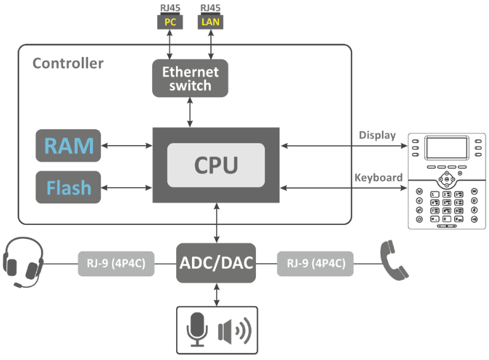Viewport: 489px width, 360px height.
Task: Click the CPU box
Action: pos(216,165)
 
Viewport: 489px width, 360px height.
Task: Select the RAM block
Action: pos(68,145)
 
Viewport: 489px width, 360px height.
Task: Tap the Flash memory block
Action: pos(68,187)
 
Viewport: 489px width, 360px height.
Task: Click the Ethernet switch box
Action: pos(190,78)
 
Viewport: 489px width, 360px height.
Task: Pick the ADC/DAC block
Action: pos(215,262)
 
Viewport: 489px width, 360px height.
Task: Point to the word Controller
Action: pos(68,63)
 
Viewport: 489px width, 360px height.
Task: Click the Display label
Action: pos(377,135)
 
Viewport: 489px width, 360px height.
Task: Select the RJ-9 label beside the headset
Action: pos(117,263)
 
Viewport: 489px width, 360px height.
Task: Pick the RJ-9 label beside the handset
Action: pos(315,263)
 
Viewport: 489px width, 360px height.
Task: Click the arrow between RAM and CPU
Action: pos(127,146)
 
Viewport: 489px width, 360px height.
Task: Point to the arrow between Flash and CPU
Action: pos(127,188)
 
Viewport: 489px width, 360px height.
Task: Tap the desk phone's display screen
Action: pos(447,148)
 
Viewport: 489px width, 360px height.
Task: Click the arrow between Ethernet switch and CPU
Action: pos(191,112)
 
